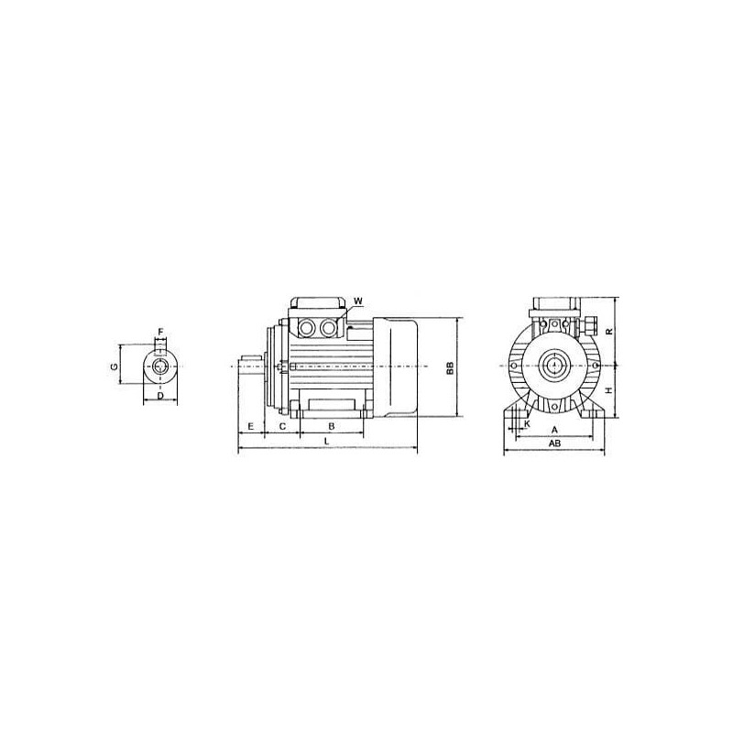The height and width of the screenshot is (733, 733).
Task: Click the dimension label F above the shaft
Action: tap(160, 333)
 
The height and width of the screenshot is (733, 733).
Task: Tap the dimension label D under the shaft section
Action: tap(160, 396)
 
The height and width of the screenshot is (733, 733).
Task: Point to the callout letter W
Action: tap(358, 301)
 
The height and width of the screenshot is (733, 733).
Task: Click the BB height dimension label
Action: tap(450, 368)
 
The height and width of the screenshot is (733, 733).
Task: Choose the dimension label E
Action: tap(250, 426)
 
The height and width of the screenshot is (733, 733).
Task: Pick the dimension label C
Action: tap(282, 426)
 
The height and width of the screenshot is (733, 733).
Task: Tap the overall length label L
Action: tap(327, 441)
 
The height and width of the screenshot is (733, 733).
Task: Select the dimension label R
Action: tap(608, 332)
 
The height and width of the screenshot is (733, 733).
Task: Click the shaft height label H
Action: tap(608, 390)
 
